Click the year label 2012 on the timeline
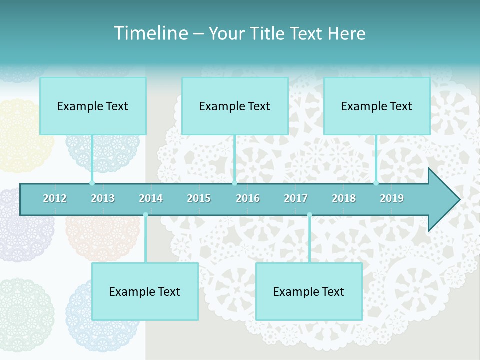point(55,198)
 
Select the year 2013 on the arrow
point(103,198)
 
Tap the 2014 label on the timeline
point(151,198)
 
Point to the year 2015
point(199,198)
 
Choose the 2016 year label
point(248,198)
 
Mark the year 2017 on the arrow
point(296,198)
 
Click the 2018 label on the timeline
point(344,198)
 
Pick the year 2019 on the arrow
point(392,198)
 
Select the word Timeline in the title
point(150,33)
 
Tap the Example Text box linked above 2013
point(93,106)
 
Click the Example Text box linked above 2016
point(235,106)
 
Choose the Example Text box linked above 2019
point(377,106)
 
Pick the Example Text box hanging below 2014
point(145,291)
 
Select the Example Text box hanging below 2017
point(309,291)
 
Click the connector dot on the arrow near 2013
point(92,183)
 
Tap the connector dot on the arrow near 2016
point(235,183)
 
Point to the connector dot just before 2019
point(376,183)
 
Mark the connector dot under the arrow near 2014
point(145,215)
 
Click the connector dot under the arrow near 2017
point(309,215)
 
